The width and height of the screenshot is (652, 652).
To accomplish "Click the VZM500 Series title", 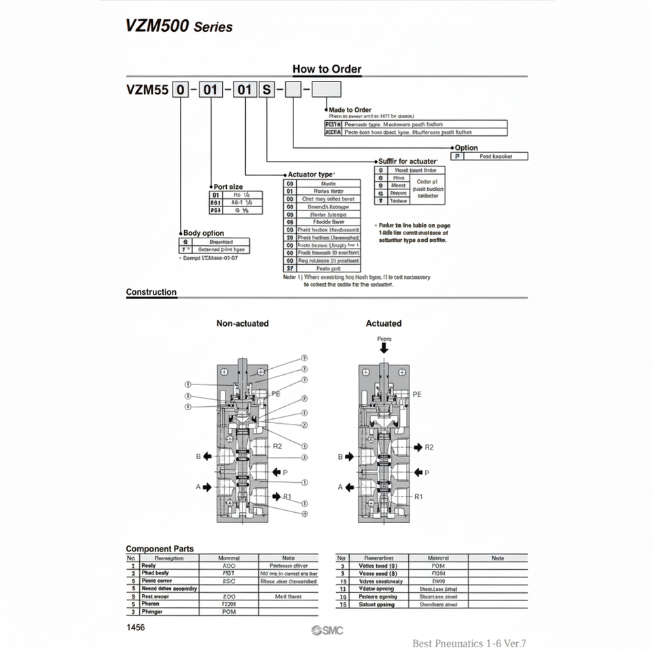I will [179, 26].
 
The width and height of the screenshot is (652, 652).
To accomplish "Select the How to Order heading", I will [327, 69].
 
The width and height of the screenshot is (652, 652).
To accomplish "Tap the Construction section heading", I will [151, 292].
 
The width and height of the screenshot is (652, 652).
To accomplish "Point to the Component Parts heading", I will [160, 549].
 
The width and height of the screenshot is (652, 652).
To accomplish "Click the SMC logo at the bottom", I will [327, 631].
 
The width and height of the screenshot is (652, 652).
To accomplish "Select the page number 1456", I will [136, 628].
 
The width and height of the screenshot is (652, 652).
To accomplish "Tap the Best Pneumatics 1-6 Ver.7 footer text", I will [469, 643].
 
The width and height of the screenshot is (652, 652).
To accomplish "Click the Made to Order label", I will [350, 109].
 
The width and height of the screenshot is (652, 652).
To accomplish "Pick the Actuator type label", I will [310, 175].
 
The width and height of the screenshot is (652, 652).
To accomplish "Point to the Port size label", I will [228, 187].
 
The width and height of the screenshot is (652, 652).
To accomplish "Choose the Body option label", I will [204, 233].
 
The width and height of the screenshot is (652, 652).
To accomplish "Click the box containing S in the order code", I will [266, 90].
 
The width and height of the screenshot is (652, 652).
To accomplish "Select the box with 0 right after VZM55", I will [181, 90].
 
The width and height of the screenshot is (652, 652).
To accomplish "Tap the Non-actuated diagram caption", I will [242, 323].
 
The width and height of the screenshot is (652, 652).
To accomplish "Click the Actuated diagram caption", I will [384, 323].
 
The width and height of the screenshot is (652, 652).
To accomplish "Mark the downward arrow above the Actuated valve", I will [384, 347].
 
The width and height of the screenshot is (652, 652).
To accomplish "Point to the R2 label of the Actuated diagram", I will [429, 447].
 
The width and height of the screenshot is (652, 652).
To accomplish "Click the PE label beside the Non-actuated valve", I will [276, 393].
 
